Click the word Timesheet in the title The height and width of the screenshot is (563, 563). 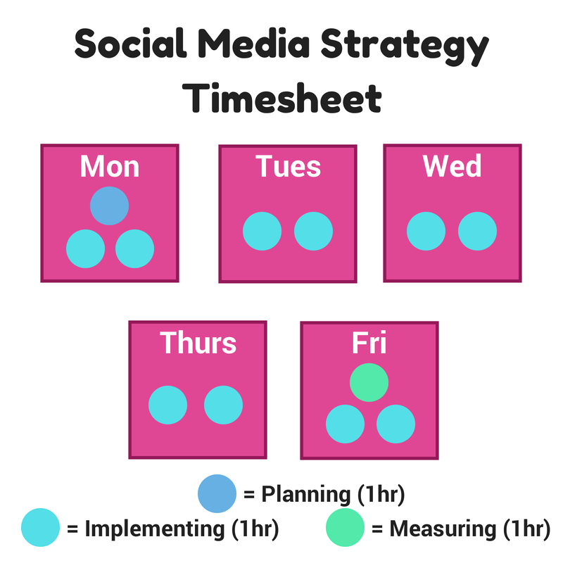[x=282, y=98]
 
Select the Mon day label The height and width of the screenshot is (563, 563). [x=110, y=166]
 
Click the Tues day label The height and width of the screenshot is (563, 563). [x=288, y=166]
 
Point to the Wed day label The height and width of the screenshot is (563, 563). [x=452, y=166]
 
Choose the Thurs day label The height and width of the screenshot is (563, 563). [x=198, y=343]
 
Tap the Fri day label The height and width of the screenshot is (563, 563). [x=369, y=343]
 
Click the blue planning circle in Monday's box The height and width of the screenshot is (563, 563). [x=109, y=205]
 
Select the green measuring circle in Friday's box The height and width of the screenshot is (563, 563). [x=369, y=382]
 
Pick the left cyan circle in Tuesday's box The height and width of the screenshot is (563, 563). [x=262, y=232]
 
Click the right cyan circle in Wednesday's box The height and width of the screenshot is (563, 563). [x=478, y=232]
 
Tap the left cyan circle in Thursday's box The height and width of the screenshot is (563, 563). [x=167, y=405]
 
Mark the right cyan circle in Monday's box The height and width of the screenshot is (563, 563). [x=134, y=249]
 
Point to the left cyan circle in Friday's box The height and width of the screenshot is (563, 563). [x=345, y=424]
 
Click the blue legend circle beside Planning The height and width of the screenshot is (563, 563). [x=217, y=494]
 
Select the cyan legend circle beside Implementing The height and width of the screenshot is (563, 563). [x=40, y=527]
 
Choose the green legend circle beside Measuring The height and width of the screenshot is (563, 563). [x=345, y=527]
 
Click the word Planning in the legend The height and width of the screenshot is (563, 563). [x=306, y=495]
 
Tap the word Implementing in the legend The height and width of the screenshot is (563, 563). [x=155, y=529]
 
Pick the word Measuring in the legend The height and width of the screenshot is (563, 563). [x=443, y=529]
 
